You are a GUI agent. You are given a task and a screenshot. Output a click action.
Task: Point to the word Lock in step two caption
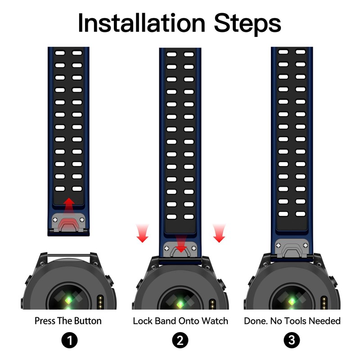tap(142, 321)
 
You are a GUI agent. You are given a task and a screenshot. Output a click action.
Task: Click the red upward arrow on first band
tap(68, 205)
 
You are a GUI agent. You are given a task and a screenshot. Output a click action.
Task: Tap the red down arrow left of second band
tap(142, 233)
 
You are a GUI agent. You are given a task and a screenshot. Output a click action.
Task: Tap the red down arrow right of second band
tap(219, 233)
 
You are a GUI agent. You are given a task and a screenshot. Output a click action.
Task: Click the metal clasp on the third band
tap(292, 246)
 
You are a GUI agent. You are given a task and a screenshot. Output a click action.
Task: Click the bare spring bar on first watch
tap(68, 256)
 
